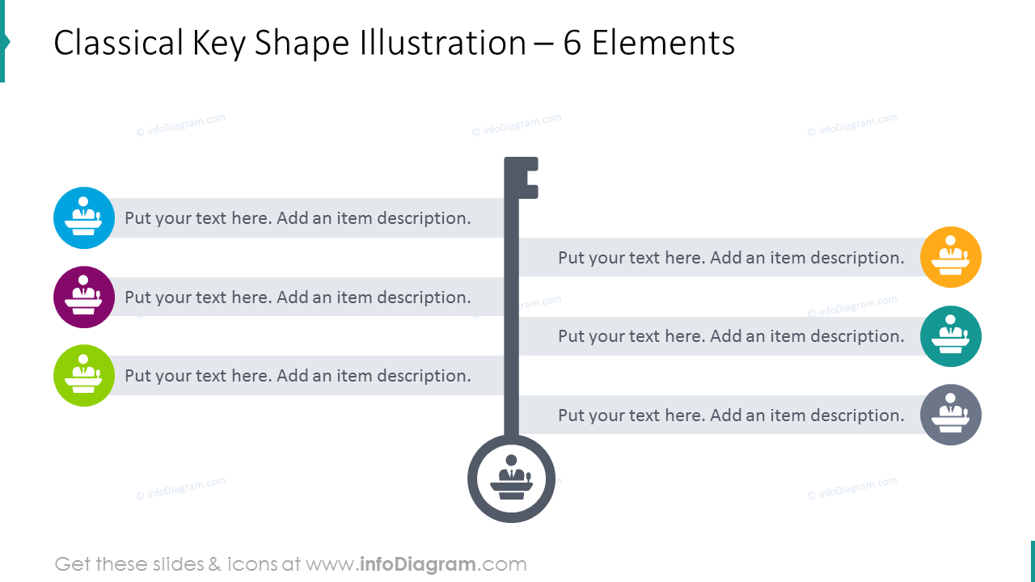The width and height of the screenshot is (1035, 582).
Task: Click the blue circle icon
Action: (x=84, y=217)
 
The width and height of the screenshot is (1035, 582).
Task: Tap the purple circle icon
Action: (x=84, y=297)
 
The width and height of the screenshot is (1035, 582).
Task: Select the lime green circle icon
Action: (x=84, y=375)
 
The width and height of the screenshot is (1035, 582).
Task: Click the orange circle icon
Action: (x=951, y=257)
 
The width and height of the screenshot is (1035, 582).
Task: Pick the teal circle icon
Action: (x=951, y=336)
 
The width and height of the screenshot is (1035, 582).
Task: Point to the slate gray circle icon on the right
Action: (x=951, y=415)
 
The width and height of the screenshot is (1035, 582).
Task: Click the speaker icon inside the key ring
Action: (x=511, y=479)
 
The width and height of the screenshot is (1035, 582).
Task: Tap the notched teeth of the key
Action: (x=528, y=178)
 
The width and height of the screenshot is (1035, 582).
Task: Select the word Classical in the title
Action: (x=117, y=44)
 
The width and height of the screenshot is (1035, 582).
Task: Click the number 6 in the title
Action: (x=572, y=44)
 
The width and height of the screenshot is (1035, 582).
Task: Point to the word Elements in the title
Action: (x=663, y=44)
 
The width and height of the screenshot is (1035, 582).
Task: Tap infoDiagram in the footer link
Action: (x=416, y=564)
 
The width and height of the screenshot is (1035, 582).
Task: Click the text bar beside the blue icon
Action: (x=298, y=218)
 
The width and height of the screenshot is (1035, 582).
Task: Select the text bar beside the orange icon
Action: (x=731, y=258)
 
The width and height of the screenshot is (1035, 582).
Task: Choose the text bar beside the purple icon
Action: (x=298, y=297)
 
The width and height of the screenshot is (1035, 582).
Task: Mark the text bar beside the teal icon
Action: (x=731, y=336)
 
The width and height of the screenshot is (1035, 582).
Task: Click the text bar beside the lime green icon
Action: (x=298, y=376)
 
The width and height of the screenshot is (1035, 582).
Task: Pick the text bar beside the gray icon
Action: (x=731, y=415)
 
